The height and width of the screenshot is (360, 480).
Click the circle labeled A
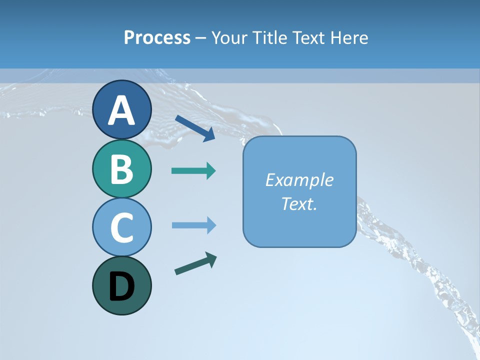pyautogui.click(x=121, y=109)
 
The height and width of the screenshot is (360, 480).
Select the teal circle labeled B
pyautogui.click(x=121, y=168)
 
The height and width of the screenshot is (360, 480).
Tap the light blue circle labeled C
pyautogui.click(x=121, y=227)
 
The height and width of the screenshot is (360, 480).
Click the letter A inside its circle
pyautogui.click(x=121, y=110)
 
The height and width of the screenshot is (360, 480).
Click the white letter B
pyautogui.click(x=121, y=169)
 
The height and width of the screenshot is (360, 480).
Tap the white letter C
pyautogui.click(x=121, y=227)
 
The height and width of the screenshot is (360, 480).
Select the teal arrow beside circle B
pyautogui.click(x=193, y=171)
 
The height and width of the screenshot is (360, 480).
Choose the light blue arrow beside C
pyautogui.click(x=193, y=225)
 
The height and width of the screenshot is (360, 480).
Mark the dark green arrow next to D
pyautogui.click(x=195, y=263)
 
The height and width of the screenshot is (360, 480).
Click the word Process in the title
pyautogui.click(x=157, y=37)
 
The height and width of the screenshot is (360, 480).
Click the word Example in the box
pyautogui.click(x=299, y=180)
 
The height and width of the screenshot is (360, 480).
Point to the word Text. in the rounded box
pyautogui.click(x=299, y=203)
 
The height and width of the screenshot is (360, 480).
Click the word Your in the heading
pyautogui.click(x=228, y=37)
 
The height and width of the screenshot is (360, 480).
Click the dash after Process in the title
pyautogui.click(x=200, y=38)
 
